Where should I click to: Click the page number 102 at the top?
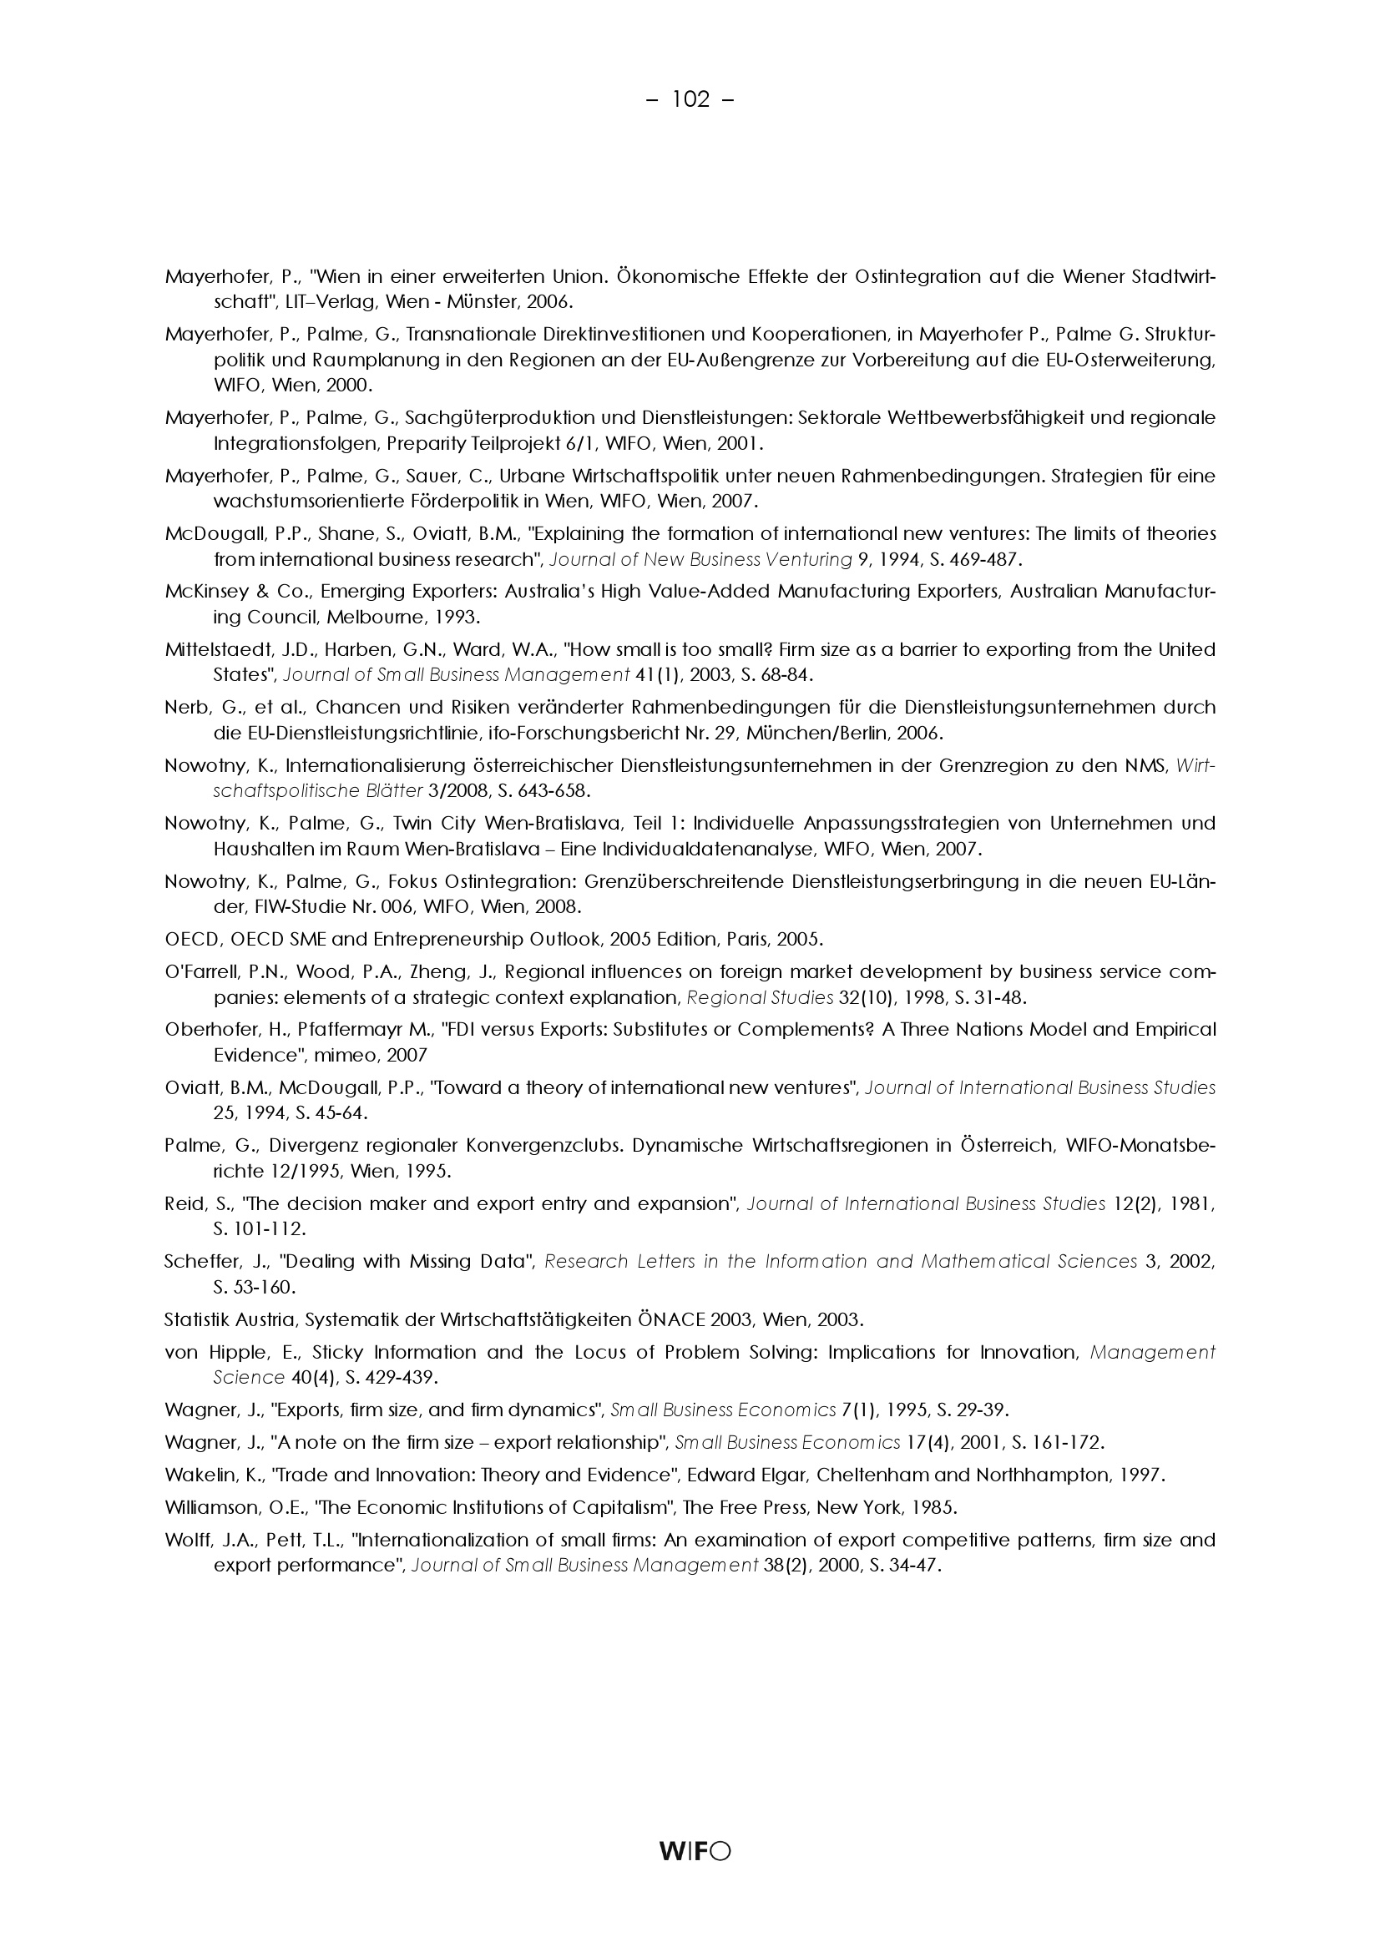click(690, 100)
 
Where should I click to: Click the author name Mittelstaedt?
click(217, 650)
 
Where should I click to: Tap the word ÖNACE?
click(669, 1320)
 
